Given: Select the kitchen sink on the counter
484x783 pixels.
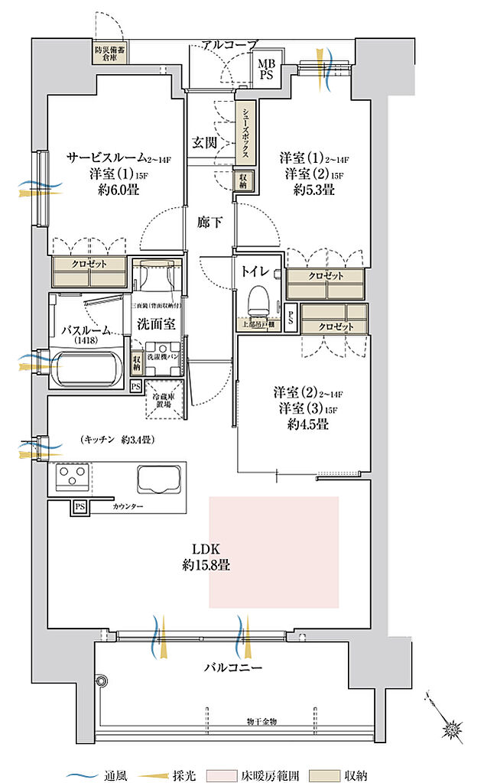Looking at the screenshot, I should [159, 479].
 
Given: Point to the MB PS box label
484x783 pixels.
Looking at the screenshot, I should [266, 70].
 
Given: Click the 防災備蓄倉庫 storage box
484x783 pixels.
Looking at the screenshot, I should [107, 53].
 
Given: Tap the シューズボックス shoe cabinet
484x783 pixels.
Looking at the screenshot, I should [245, 132].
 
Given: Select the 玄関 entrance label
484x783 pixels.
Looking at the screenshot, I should [205, 142].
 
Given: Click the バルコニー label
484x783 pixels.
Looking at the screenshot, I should [234, 667].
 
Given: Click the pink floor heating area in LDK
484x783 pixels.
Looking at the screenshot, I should [274, 552].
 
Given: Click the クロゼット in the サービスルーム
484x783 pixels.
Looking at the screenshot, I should [90, 270].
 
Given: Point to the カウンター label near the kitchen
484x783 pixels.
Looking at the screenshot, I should [127, 506].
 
